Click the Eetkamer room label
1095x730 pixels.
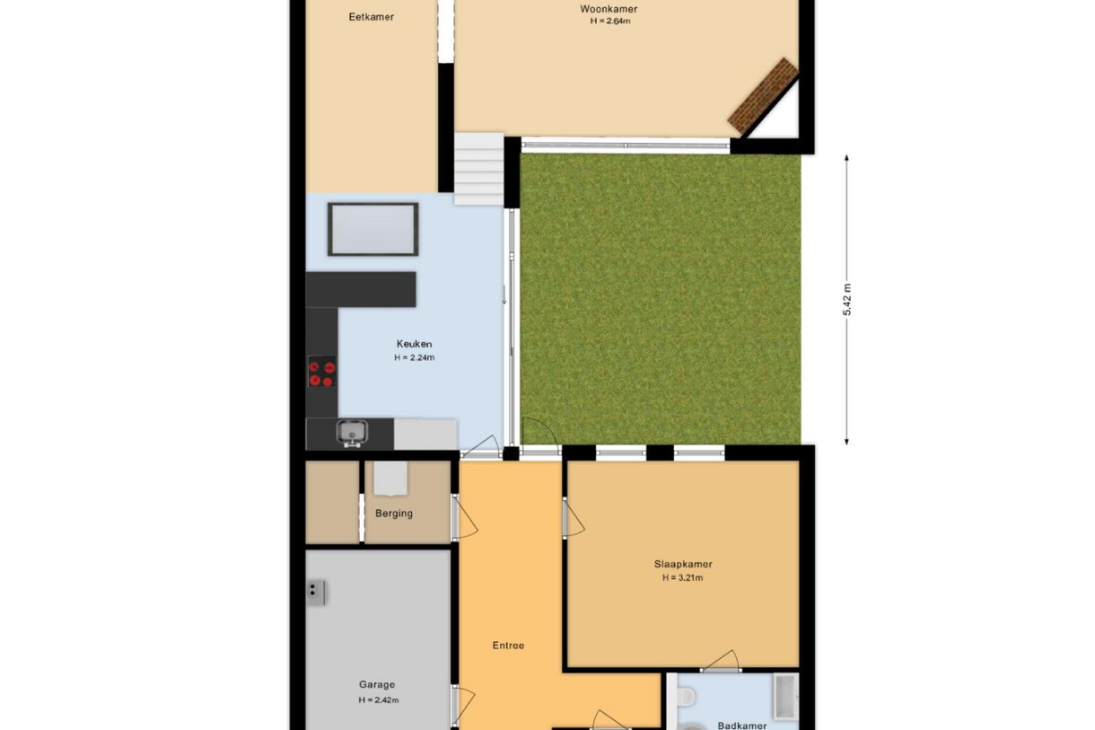pyautogui.click(x=371, y=17)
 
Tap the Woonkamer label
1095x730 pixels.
pyautogui.click(x=609, y=9)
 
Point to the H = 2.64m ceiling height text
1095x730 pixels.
pyautogui.click(x=610, y=21)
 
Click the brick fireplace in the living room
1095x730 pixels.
pyautogui.click(x=763, y=96)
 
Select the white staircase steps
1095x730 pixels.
pyautogui.click(x=479, y=169)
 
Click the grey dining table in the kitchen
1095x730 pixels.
pyautogui.click(x=373, y=229)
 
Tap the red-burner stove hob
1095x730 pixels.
pyautogui.click(x=322, y=372)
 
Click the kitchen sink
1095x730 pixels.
pyautogui.click(x=353, y=433)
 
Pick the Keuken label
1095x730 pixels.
pyautogui.click(x=414, y=344)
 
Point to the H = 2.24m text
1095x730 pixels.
pyautogui.click(x=414, y=357)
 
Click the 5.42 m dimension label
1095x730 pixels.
pyautogui.click(x=847, y=299)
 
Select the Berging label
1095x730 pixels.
pyautogui.click(x=394, y=514)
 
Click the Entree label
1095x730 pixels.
pyautogui.click(x=508, y=646)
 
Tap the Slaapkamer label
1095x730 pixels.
pyautogui.click(x=683, y=564)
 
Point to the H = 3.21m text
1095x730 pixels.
pyautogui.click(x=683, y=578)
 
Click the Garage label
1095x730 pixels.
pyautogui.click(x=377, y=684)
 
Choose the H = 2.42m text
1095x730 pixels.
pyautogui.click(x=379, y=700)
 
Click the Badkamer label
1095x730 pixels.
pyautogui.click(x=742, y=726)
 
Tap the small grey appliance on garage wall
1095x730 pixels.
pyautogui.click(x=317, y=593)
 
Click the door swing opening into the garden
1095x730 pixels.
pyautogui.click(x=540, y=436)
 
